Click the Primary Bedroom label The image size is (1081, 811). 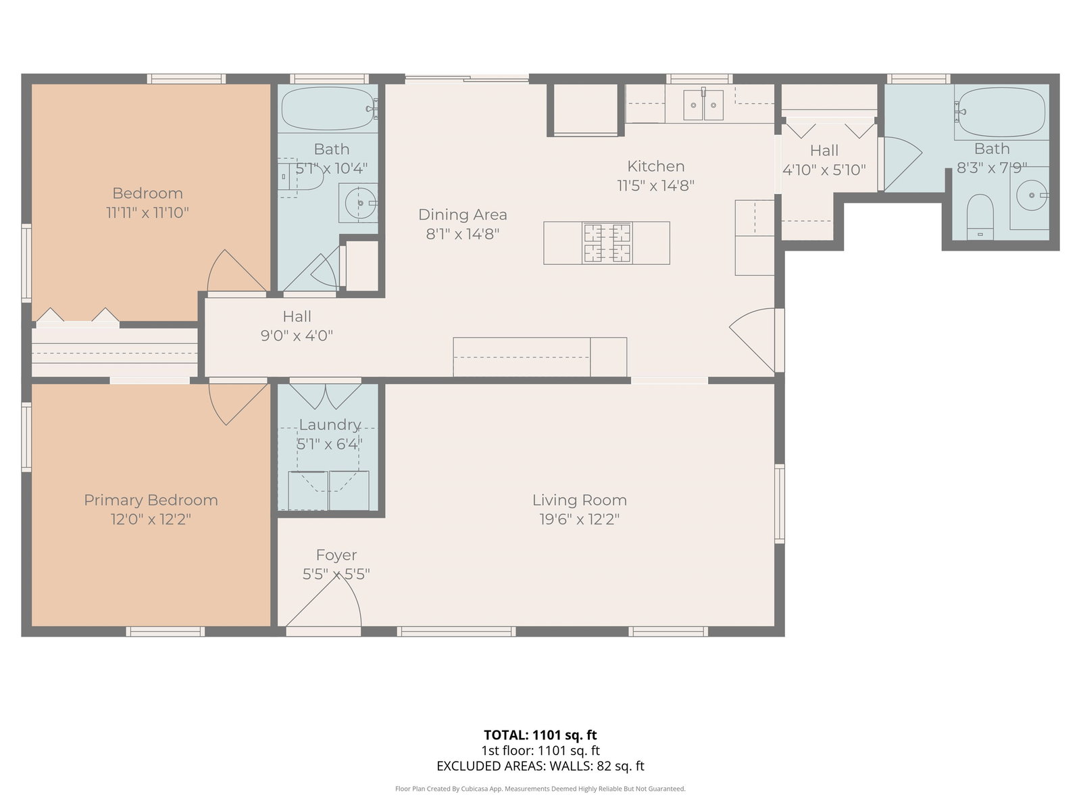click(151, 500)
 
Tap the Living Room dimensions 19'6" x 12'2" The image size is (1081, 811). click(579, 520)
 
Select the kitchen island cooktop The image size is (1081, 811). click(607, 243)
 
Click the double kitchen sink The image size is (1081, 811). click(703, 104)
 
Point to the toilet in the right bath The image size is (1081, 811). click(980, 217)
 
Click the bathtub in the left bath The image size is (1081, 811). click(328, 109)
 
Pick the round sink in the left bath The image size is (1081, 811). click(360, 203)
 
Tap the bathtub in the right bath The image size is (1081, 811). click(1001, 112)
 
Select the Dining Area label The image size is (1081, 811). click(462, 215)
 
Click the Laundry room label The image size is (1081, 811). click(330, 424)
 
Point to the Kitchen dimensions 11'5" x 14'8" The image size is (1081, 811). click(655, 186)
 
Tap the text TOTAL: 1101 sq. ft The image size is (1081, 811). click(540, 735)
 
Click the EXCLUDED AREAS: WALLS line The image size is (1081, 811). click(540, 766)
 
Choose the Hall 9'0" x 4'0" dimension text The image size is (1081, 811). click(297, 336)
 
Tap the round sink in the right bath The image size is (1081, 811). click(1031, 195)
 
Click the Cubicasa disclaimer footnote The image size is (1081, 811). click(540, 789)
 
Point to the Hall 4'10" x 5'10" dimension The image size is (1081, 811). click(824, 170)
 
